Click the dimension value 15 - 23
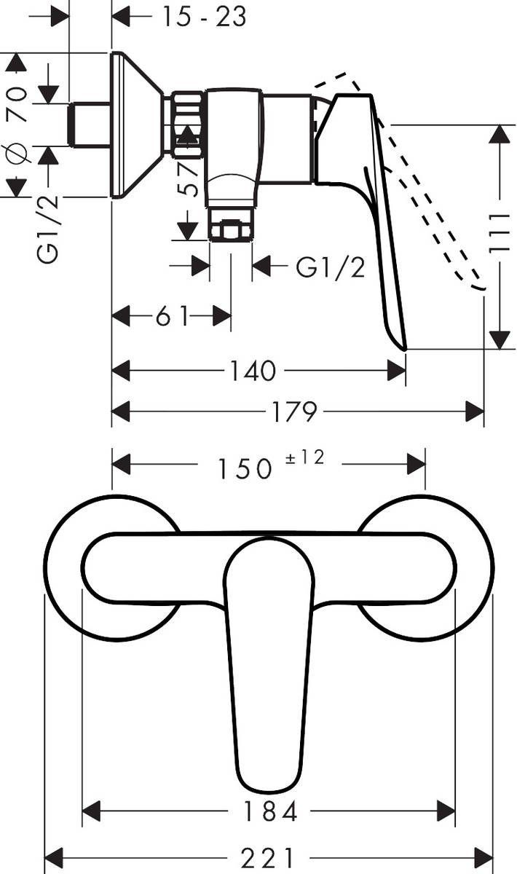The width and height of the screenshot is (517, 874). coord(204,15)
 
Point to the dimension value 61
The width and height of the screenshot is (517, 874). coord(172,317)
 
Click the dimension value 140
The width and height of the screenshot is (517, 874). coord(253,371)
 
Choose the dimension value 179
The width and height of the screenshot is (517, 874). coord(294,412)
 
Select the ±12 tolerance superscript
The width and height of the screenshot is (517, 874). coord(306,458)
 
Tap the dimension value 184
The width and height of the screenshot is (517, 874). coord(269,811)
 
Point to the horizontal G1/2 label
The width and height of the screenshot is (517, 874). coord(330,267)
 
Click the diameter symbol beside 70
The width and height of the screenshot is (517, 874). coord(17,154)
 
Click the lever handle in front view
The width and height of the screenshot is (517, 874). coord(269,670)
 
